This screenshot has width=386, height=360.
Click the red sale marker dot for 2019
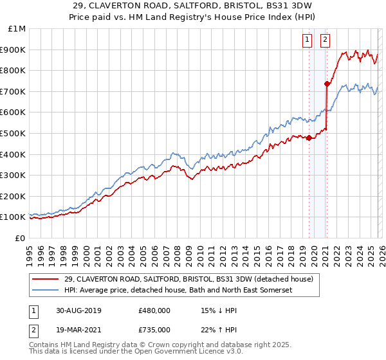point(309,137)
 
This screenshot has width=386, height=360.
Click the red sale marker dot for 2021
point(327,83)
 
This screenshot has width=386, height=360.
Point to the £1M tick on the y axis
point(17,29)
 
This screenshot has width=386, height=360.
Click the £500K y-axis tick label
point(13,134)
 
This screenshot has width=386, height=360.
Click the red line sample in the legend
point(46,279)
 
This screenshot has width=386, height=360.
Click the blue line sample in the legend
point(46,290)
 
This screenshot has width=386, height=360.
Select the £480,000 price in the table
point(154,310)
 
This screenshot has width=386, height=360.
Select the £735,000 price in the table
point(154,330)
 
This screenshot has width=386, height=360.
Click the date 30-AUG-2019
point(78,310)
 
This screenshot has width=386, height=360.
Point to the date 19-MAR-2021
point(78,330)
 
